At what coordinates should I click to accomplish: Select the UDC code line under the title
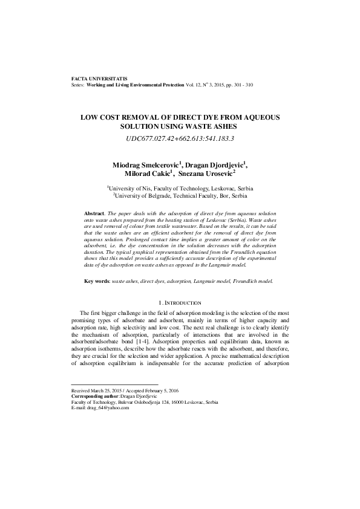click(180, 138)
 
